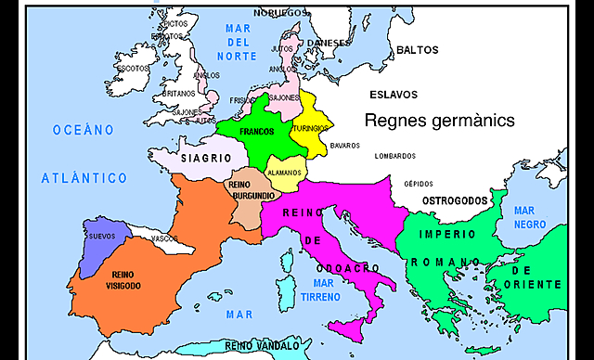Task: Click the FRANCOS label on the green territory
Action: (x=256, y=132)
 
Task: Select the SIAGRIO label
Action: (x=205, y=159)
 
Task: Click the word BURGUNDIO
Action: (x=252, y=197)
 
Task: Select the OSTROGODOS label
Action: (x=455, y=200)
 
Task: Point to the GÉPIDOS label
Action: (x=419, y=183)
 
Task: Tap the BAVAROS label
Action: (x=344, y=145)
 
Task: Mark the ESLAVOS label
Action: (x=393, y=95)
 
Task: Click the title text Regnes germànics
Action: (x=439, y=121)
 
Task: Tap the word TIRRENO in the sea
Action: (x=321, y=298)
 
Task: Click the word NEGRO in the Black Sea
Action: (x=534, y=225)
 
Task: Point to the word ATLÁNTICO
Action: (x=84, y=176)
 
